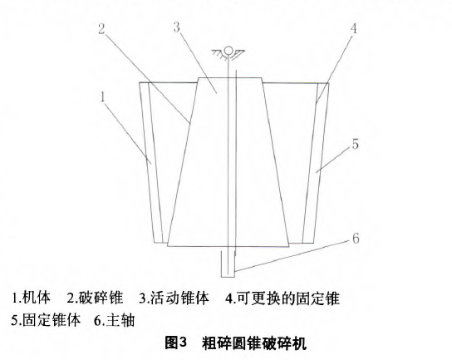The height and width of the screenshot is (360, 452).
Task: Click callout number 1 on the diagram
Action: point(103,97)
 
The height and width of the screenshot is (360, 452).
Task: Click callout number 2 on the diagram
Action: point(101,29)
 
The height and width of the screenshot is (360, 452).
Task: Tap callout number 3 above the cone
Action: point(177,27)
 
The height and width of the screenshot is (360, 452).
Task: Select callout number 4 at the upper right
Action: point(353,28)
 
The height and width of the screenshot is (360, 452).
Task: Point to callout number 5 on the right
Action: point(356,144)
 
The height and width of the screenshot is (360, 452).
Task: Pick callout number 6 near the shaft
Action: point(356,239)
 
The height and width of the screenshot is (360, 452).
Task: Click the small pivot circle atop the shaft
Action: point(228,50)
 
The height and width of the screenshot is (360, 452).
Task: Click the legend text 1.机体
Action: point(31,298)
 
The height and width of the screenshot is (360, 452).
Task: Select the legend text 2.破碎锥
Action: point(96,298)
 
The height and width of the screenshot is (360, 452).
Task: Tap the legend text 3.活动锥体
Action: point(174,298)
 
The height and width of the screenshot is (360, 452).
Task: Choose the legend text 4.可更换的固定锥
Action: point(282,298)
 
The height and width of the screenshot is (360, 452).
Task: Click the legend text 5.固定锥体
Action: point(46,320)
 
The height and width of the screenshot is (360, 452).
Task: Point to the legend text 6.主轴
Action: point(115,320)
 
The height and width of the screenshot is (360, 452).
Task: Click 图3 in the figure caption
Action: point(176,343)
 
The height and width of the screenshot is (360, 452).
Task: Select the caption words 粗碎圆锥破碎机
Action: point(254,343)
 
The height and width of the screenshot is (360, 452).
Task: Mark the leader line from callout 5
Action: point(334,160)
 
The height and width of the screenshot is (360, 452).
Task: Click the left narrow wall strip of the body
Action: point(151,163)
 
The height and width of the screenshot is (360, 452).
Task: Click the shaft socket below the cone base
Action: point(228,264)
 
